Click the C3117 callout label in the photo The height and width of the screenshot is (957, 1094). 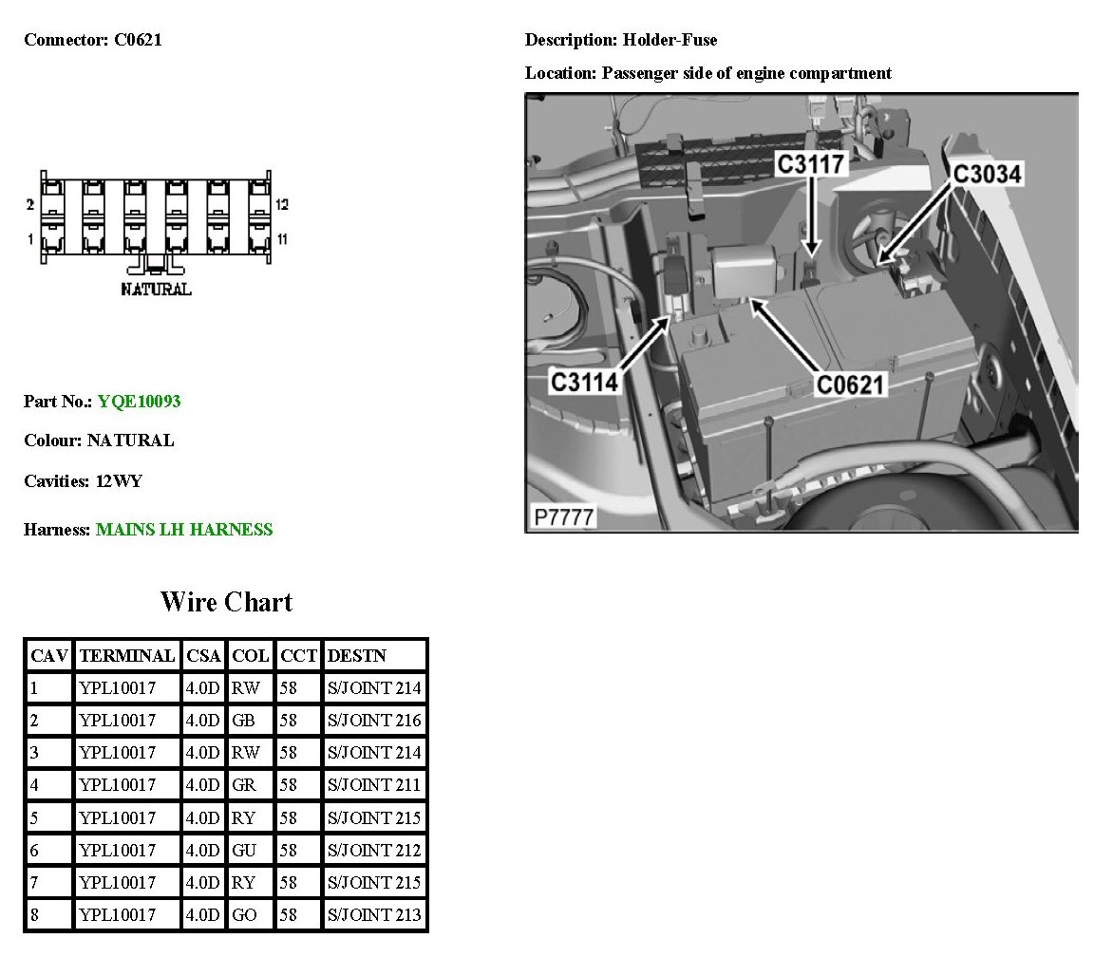(x=811, y=164)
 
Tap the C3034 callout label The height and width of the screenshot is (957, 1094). (x=987, y=175)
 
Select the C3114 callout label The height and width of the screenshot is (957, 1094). (x=585, y=382)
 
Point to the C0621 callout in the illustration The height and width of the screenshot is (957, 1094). (x=851, y=385)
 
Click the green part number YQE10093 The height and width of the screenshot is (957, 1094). (x=139, y=402)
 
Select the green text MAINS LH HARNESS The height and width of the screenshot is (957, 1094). (x=184, y=530)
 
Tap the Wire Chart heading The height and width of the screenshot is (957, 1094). (x=226, y=602)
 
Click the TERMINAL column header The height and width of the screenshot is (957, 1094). (x=127, y=655)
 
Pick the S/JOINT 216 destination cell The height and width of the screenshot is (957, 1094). (x=374, y=721)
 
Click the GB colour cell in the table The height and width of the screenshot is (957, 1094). (x=243, y=721)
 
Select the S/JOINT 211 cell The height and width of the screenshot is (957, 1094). (x=374, y=785)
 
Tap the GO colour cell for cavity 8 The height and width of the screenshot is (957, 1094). (x=244, y=915)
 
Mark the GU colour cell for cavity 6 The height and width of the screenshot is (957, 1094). (x=244, y=851)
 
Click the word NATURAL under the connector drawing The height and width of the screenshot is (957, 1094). (x=156, y=289)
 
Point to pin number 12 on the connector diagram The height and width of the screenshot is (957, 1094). (x=282, y=204)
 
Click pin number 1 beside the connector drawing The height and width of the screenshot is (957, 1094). (x=29, y=237)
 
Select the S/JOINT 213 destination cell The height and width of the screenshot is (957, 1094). (x=374, y=915)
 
